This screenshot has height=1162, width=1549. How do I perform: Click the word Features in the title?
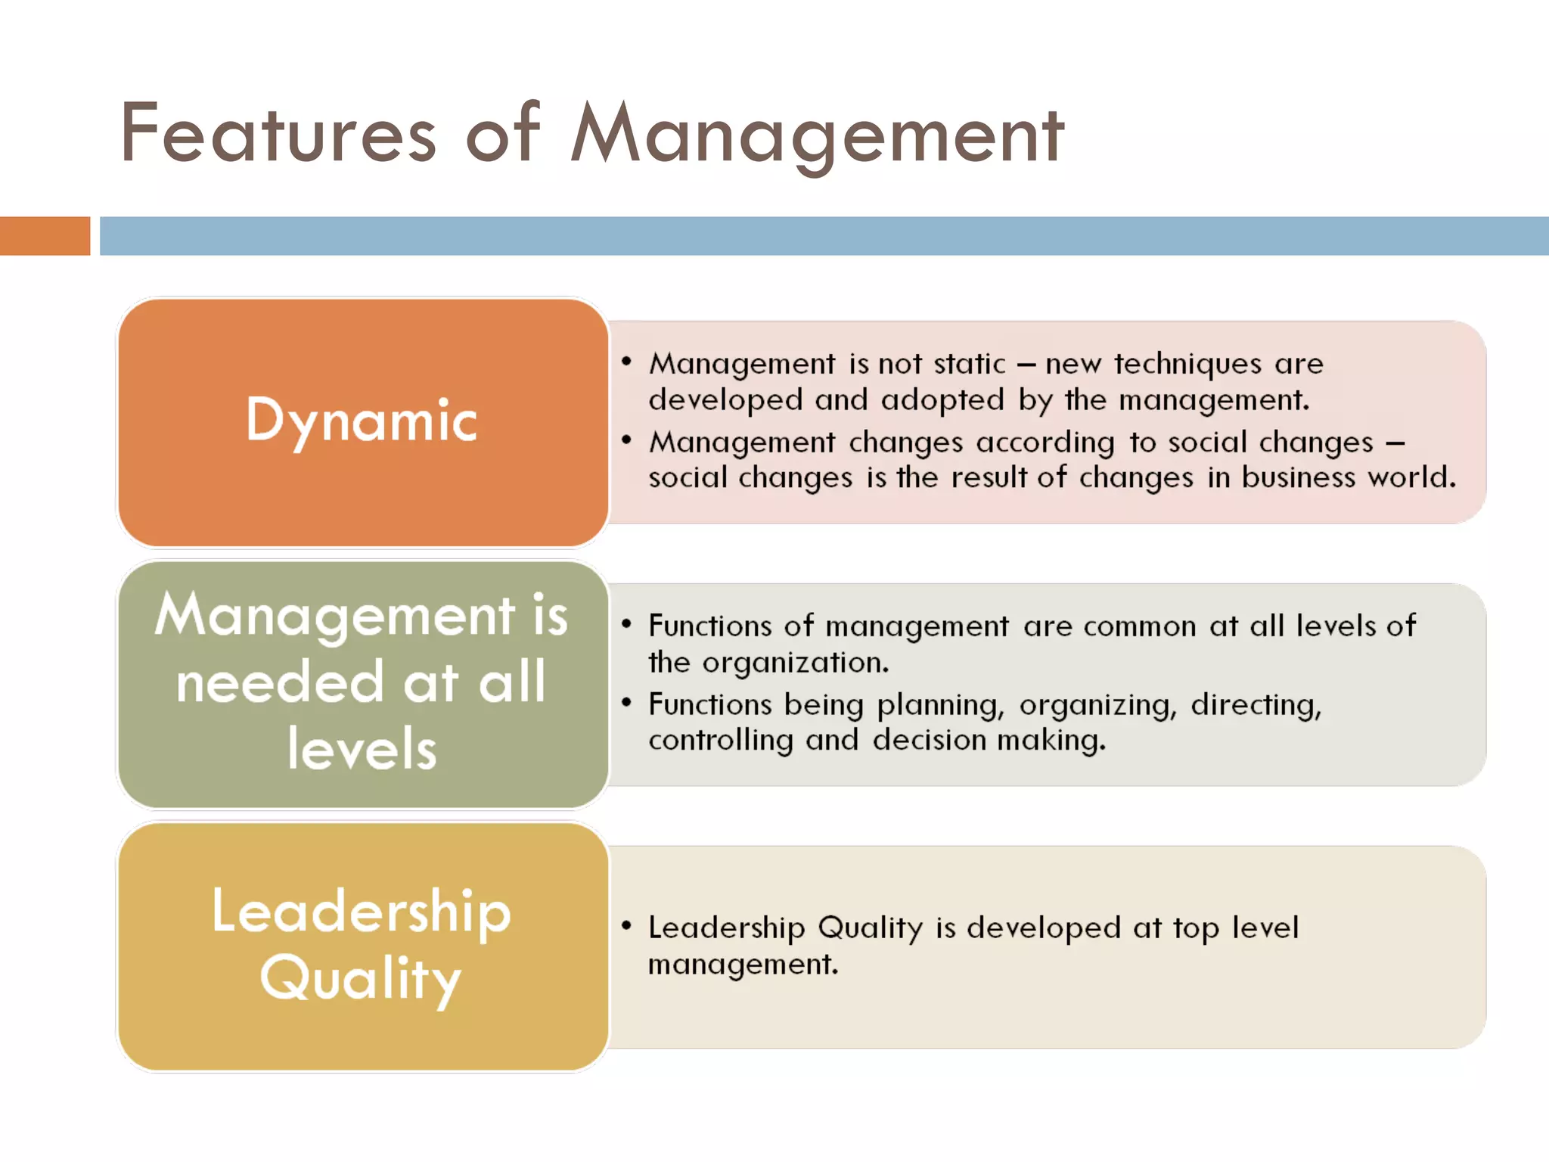click(x=278, y=135)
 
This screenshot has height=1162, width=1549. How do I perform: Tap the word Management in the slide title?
click(x=817, y=136)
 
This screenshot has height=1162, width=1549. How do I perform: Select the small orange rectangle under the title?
click(x=45, y=236)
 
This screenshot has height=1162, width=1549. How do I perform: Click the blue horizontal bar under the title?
click(x=824, y=236)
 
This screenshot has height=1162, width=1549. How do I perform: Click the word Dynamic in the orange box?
click(x=362, y=421)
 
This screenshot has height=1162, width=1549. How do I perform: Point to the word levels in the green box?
click(x=362, y=749)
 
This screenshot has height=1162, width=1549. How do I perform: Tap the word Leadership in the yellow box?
click(x=362, y=912)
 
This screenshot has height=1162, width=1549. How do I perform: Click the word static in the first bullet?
click(x=970, y=364)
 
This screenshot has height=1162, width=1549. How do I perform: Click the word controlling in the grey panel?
click(x=720, y=741)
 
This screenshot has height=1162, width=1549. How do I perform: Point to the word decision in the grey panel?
click(x=929, y=741)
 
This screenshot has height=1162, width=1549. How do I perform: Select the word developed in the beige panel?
click(x=1044, y=928)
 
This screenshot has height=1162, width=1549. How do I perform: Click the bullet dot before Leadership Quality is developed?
click(x=626, y=925)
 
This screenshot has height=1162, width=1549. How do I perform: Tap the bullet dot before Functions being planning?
click(x=626, y=703)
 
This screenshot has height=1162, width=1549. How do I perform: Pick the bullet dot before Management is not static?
click(x=626, y=362)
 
